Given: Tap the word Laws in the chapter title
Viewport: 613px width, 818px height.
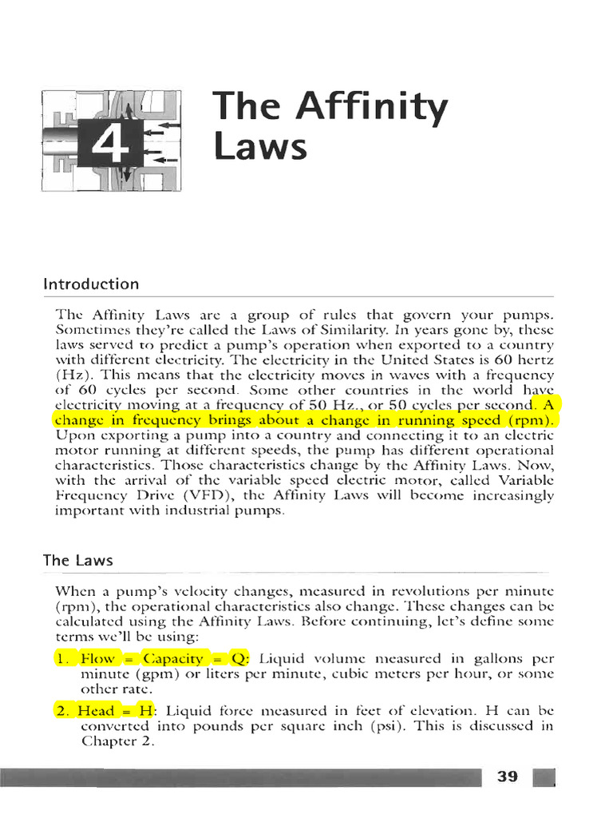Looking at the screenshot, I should (x=248, y=148).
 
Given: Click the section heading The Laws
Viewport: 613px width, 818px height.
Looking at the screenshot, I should (x=77, y=561).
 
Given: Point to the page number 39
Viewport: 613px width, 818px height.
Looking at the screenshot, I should (x=508, y=776).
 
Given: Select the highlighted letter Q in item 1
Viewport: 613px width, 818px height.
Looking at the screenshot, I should (x=242, y=658).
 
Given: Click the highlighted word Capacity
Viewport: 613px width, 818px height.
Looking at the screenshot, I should (x=174, y=658).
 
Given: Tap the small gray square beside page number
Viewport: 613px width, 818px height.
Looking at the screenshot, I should (x=544, y=777).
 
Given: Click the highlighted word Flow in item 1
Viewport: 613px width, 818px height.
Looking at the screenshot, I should (x=97, y=658).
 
